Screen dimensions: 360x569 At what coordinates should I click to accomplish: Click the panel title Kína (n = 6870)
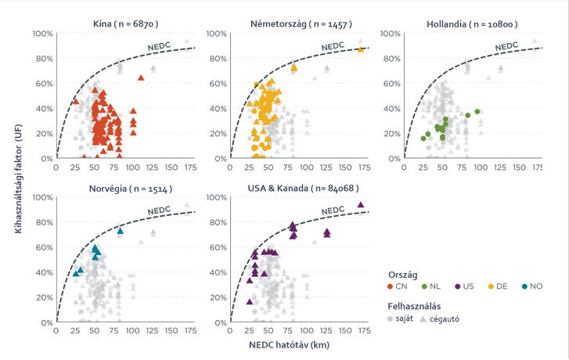(x=124, y=25)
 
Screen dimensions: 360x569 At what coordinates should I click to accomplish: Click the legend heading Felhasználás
(x=417, y=306)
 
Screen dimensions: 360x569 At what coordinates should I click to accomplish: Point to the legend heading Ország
(x=402, y=274)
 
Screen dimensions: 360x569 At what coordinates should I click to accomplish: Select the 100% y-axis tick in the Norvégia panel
(x=43, y=199)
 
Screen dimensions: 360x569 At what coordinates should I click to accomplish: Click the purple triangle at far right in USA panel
(x=360, y=206)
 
